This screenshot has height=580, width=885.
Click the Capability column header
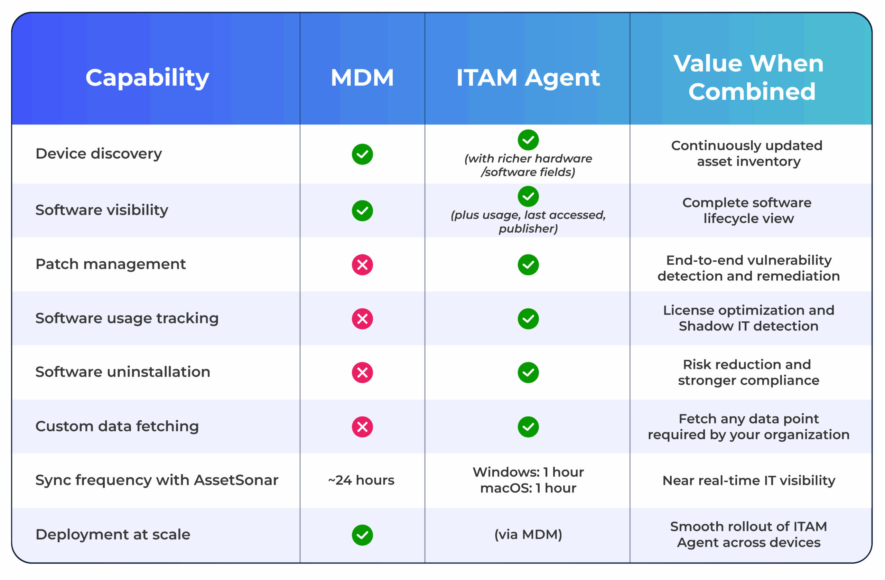point(147,78)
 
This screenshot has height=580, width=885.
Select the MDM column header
point(362,78)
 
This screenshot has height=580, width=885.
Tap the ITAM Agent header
point(528,78)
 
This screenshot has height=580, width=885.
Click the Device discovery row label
point(99,153)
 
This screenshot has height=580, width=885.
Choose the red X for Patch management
point(362,265)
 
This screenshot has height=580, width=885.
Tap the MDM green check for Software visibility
point(362,211)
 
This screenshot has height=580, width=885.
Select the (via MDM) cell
point(528,534)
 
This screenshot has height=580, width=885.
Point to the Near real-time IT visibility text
point(748,480)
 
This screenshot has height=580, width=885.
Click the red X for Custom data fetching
point(362,427)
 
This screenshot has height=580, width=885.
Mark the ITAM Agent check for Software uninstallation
point(528,373)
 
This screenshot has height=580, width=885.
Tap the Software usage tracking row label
point(127,318)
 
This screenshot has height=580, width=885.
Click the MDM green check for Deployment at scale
point(362,535)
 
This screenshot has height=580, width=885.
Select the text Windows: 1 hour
point(528,472)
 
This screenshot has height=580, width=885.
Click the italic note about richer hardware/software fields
point(528,165)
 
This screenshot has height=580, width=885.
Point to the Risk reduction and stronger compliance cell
point(748,372)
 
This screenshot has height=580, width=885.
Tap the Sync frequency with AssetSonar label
point(157,480)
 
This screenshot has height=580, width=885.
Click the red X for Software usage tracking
point(362,319)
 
